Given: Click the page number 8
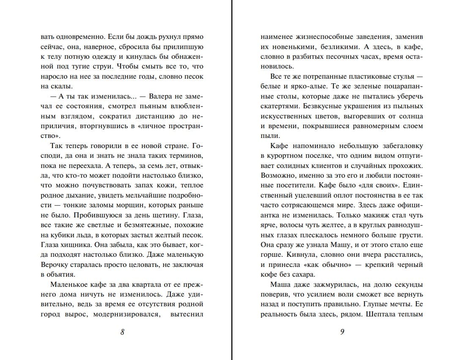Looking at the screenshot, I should (122, 332).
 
